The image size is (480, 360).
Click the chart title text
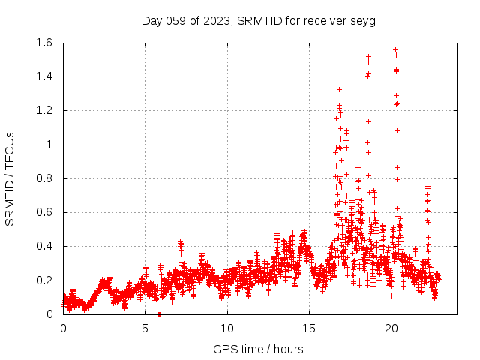pos(258,20)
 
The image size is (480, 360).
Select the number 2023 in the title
pos(217,20)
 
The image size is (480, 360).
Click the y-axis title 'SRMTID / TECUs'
pos(10,178)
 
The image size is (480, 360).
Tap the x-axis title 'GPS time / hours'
pos(258,349)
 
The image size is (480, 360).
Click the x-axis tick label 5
pos(145,328)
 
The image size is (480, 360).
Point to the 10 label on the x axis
pos(226,328)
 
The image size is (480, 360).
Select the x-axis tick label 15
pos(308,328)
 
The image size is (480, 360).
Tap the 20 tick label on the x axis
pos(390,328)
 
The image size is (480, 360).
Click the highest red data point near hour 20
pos(395,49)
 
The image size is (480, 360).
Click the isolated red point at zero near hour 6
pos(158,314)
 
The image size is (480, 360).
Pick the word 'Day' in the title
pos(152,20)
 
